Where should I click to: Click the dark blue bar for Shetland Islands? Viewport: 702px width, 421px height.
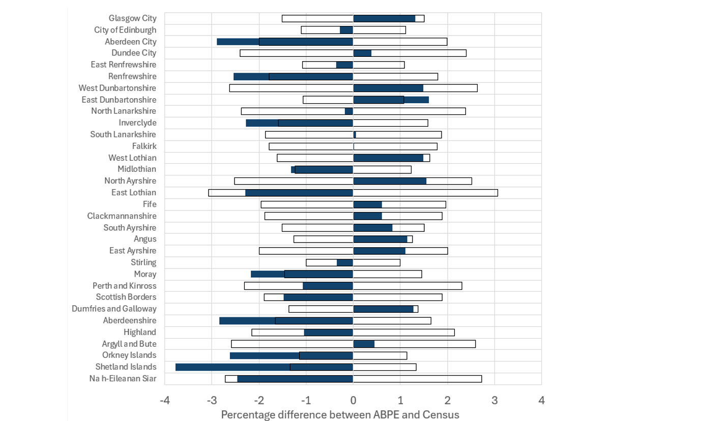coord(264,367)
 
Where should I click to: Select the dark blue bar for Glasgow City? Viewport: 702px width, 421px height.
coord(384,19)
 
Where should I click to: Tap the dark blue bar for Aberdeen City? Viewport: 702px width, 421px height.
coord(285,42)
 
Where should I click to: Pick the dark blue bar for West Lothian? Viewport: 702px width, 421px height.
coord(388,158)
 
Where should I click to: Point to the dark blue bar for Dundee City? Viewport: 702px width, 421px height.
coord(362,53)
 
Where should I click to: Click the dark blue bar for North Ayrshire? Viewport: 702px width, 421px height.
coord(390,181)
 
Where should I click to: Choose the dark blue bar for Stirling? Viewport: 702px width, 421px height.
coord(345,263)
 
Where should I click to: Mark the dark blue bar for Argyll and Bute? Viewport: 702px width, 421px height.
coord(364,344)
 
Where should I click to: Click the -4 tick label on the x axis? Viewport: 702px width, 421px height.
coord(165,401)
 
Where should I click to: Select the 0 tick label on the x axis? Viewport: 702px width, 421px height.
coord(353,401)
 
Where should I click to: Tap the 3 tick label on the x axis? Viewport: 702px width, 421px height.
coord(494,401)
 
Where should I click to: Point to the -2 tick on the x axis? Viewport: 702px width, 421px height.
coord(259,401)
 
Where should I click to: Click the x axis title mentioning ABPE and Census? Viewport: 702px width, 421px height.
coord(340,415)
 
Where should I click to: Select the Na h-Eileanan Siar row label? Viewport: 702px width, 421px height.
coord(123,378)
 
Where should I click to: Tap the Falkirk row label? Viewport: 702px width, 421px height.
coord(144,146)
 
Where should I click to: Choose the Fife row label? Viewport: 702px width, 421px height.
coord(150,204)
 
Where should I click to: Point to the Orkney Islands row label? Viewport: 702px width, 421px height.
coord(129,355)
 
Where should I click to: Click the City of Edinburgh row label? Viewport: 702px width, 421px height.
coord(125,30)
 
